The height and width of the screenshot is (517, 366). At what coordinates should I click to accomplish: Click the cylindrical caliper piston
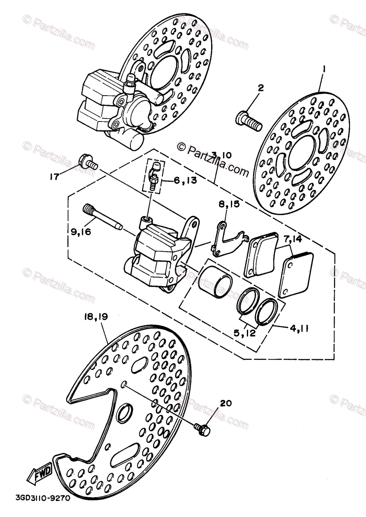pyautogui.click(x=215, y=282)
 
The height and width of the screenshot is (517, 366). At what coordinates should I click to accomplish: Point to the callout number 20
pyautogui.click(x=226, y=404)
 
